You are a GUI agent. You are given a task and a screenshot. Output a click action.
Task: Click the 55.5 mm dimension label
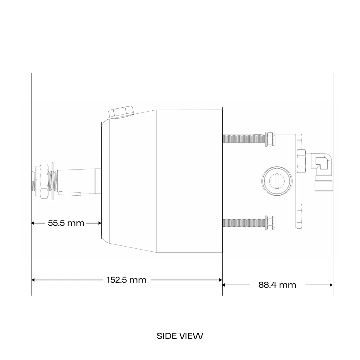pos(66,223)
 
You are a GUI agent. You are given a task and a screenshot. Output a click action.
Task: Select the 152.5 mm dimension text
pos(127,280)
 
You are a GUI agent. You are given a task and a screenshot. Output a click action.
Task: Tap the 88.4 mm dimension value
pos(277,285)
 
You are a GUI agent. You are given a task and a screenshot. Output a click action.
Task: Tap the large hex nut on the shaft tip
pos(44,181)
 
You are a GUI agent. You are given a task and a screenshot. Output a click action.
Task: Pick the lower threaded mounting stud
pos(244,223)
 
